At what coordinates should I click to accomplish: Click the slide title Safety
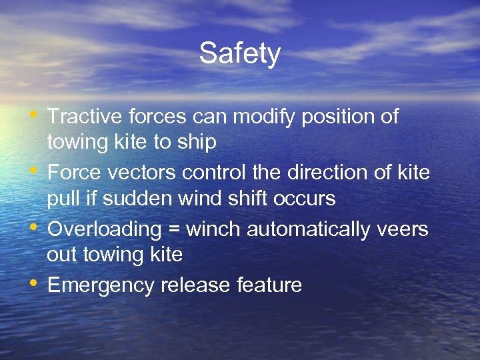(239, 53)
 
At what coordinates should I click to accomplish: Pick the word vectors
(143, 173)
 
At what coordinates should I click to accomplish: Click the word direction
(332, 173)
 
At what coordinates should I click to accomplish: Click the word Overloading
(105, 230)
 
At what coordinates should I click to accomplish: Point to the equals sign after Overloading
(174, 230)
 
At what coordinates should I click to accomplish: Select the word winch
(214, 229)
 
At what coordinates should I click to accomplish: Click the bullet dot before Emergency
(33, 283)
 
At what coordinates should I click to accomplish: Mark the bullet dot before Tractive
(33, 115)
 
